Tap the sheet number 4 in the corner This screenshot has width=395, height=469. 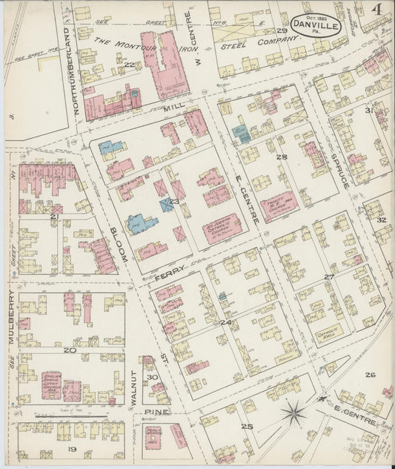[x=378, y=10]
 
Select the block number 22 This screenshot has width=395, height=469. [x=128, y=65]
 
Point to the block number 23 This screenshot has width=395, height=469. [x=175, y=201]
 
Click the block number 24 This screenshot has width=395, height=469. [x=225, y=323]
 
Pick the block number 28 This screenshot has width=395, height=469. [x=281, y=157]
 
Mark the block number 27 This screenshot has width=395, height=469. [x=329, y=276]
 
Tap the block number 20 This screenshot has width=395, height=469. [x=70, y=350]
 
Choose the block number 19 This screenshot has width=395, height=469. [x=73, y=449]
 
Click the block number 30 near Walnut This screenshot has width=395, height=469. [x=153, y=378]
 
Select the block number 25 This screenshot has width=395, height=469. [x=247, y=426]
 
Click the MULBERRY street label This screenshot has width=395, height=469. [x=13, y=318]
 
